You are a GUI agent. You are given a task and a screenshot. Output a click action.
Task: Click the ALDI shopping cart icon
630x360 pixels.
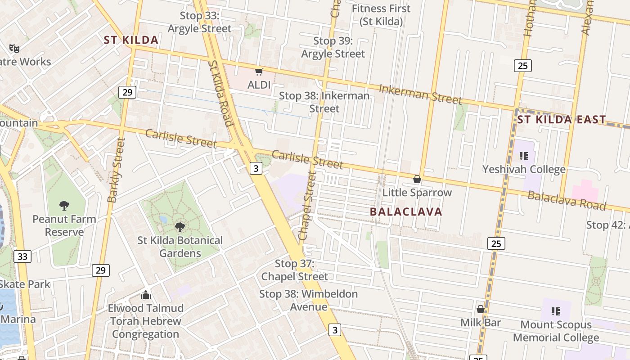click(x=259, y=72)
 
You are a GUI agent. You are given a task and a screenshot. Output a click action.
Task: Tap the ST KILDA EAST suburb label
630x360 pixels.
click(x=561, y=120)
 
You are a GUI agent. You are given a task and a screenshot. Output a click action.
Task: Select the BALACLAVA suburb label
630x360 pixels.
click(x=406, y=211)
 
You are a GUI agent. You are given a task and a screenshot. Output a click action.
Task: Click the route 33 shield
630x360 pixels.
click(x=22, y=257)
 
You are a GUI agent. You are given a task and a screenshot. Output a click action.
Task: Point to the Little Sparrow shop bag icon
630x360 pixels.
click(x=417, y=179)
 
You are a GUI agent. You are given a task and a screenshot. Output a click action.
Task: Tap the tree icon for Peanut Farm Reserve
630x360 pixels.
click(x=64, y=206)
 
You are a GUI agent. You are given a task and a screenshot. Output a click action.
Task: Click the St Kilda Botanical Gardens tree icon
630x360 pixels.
click(x=180, y=227)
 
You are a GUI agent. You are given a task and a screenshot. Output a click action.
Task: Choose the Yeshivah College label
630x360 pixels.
click(x=524, y=169)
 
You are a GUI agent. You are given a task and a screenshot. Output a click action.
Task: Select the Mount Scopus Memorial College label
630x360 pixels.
click(x=556, y=331)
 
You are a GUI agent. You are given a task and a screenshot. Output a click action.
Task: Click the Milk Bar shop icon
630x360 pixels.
click(x=481, y=309)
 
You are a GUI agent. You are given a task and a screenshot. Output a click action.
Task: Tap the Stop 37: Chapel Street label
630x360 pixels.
click(x=295, y=270)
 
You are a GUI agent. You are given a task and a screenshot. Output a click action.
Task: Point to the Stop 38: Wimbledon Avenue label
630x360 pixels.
click(x=309, y=300)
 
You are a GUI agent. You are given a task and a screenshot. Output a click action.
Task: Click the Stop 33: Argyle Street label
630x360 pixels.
click(x=199, y=22)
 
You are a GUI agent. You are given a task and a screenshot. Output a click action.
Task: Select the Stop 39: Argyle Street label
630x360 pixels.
click(x=333, y=47)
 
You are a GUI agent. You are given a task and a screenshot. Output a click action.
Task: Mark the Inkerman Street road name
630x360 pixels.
click(x=420, y=94)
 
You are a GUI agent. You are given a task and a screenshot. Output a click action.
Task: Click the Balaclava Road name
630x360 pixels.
click(x=567, y=200)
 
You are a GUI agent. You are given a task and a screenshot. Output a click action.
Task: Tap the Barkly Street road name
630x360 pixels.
click(x=116, y=170)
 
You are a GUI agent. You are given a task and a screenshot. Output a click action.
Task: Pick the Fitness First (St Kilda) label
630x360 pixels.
click(x=381, y=15)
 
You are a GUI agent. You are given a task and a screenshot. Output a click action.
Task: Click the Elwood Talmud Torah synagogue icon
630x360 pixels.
click(x=145, y=295)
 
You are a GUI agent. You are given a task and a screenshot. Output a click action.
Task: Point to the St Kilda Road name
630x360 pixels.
click(x=220, y=94)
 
